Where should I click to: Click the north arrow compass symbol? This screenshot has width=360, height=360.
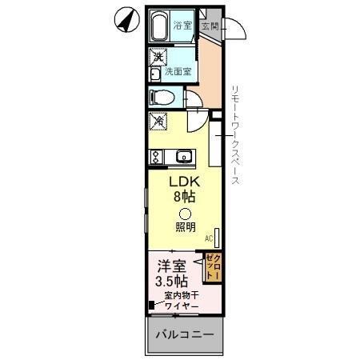[125, 19]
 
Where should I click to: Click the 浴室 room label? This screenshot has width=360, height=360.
[182, 25]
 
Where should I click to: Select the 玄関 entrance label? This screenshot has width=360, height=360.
[209, 26]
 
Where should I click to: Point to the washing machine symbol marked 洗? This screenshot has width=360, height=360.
[158, 57]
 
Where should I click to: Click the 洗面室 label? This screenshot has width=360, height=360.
[178, 72]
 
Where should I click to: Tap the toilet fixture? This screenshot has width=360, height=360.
[162, 98]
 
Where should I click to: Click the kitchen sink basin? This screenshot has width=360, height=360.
[183, 155]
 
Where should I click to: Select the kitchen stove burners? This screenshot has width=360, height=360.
[155, 155]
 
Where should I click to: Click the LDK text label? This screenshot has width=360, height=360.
[183, 181]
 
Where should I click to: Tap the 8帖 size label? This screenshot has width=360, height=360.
[183, 196]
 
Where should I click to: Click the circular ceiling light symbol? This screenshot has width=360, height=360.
[184, 214]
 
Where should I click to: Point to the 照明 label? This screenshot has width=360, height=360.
[185, 226]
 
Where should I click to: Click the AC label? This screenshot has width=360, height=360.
[208, 238]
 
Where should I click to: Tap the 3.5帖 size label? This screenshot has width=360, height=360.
[171, 282]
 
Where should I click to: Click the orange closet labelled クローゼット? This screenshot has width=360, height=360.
[214, 266]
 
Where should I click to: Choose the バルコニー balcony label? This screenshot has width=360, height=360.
[184, 334]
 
